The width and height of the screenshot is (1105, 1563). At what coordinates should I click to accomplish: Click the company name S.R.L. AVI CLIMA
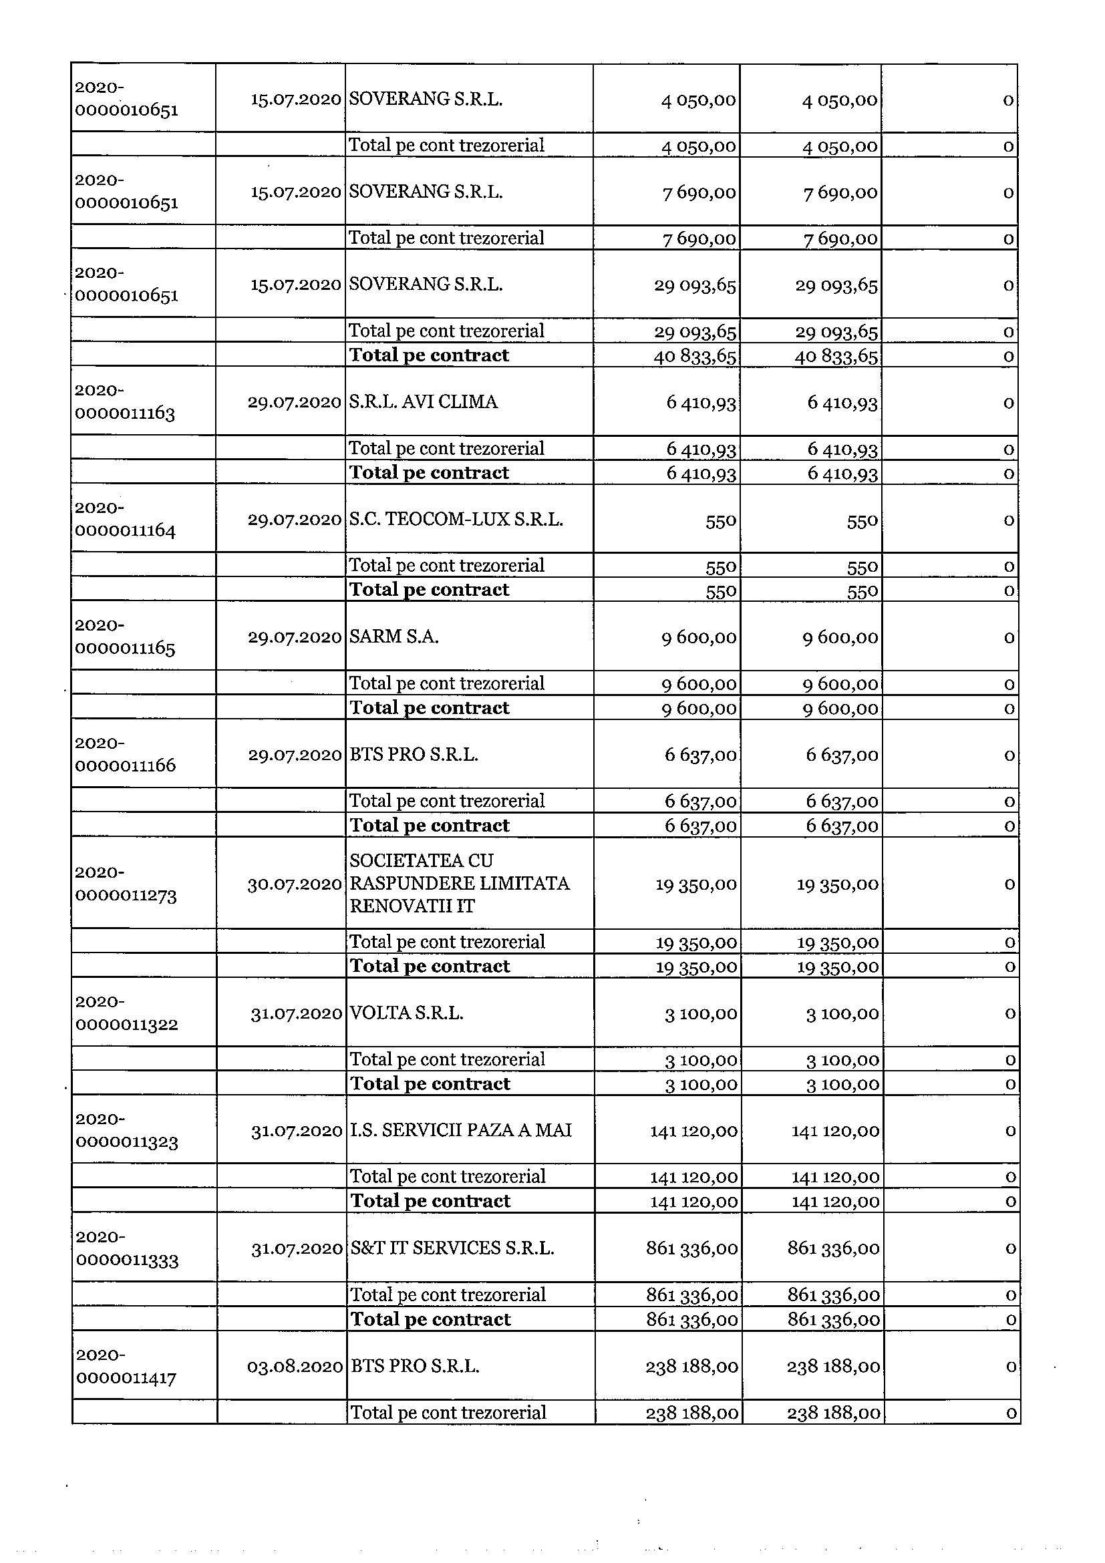(x=423, y=401)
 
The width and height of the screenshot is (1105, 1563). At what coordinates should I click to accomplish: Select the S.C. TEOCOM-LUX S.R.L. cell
(x=456, y=520)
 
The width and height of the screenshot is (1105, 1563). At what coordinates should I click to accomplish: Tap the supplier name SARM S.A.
(x=393, y=637)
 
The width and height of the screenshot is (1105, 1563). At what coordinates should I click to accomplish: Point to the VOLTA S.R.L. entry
(x=406, y=1013)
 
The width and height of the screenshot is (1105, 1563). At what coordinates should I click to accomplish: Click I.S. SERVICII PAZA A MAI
(x=460, y=1130)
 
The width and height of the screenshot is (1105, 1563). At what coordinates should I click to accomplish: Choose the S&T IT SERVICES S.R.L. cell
(x=452, y=1248)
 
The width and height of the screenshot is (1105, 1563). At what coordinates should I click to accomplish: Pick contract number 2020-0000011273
(x=126, y=884)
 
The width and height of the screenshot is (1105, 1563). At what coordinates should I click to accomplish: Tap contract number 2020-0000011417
(x=127, y=1366)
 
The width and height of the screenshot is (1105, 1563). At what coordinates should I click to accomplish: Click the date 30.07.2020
(x=295, y=884)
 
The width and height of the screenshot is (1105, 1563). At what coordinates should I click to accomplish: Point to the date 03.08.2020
(x=295, y=1367)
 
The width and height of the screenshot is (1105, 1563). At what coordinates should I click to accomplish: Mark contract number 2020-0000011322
(x=127, y=1013)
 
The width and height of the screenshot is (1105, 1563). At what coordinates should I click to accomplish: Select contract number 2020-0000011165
(x=126, y=637)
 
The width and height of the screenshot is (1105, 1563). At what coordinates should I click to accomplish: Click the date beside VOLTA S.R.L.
(x=296, y=1014)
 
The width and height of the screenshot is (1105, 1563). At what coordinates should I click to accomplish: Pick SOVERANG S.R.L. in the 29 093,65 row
(x=426, y=284)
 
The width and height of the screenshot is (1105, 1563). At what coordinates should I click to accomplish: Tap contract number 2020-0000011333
(x=128, y=1248)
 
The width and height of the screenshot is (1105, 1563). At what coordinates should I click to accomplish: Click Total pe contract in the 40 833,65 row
(x=429, y=355)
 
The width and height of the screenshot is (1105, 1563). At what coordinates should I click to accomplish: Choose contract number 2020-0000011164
(x=126, y=520)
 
